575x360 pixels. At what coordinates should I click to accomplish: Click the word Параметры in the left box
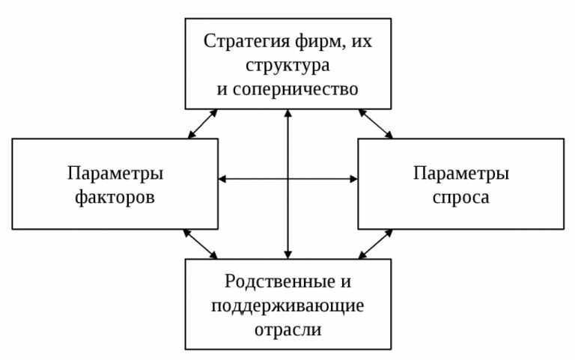115,174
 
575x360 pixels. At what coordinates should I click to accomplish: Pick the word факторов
115,198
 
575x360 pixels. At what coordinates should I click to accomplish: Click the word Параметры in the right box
461,174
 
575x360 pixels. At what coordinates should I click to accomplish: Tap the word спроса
461,198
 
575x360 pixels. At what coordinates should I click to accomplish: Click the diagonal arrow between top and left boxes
202,123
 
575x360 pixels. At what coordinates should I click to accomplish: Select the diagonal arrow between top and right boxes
376,123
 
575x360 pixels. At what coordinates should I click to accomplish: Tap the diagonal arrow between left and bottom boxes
201,244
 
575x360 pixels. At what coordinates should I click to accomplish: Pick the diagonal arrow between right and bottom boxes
377,244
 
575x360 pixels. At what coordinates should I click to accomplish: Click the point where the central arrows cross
287,179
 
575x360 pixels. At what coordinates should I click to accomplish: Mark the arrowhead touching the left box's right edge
222,179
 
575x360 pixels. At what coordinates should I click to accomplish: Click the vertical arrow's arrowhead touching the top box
287,114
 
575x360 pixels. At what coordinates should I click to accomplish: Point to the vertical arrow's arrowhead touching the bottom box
287,254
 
